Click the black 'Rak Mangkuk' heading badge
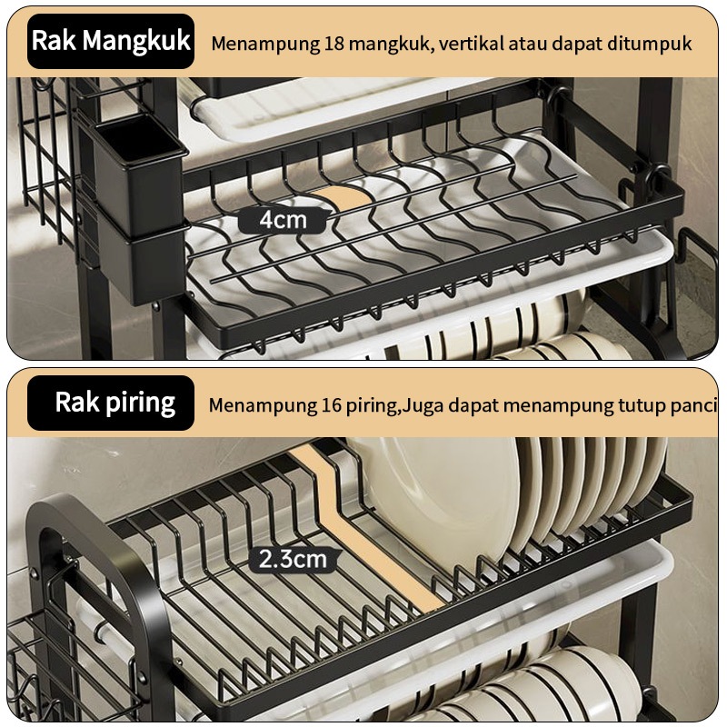111,41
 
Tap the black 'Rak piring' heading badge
111,403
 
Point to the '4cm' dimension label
283,220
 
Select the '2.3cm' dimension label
293,559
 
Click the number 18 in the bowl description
334,44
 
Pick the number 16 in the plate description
331,405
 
